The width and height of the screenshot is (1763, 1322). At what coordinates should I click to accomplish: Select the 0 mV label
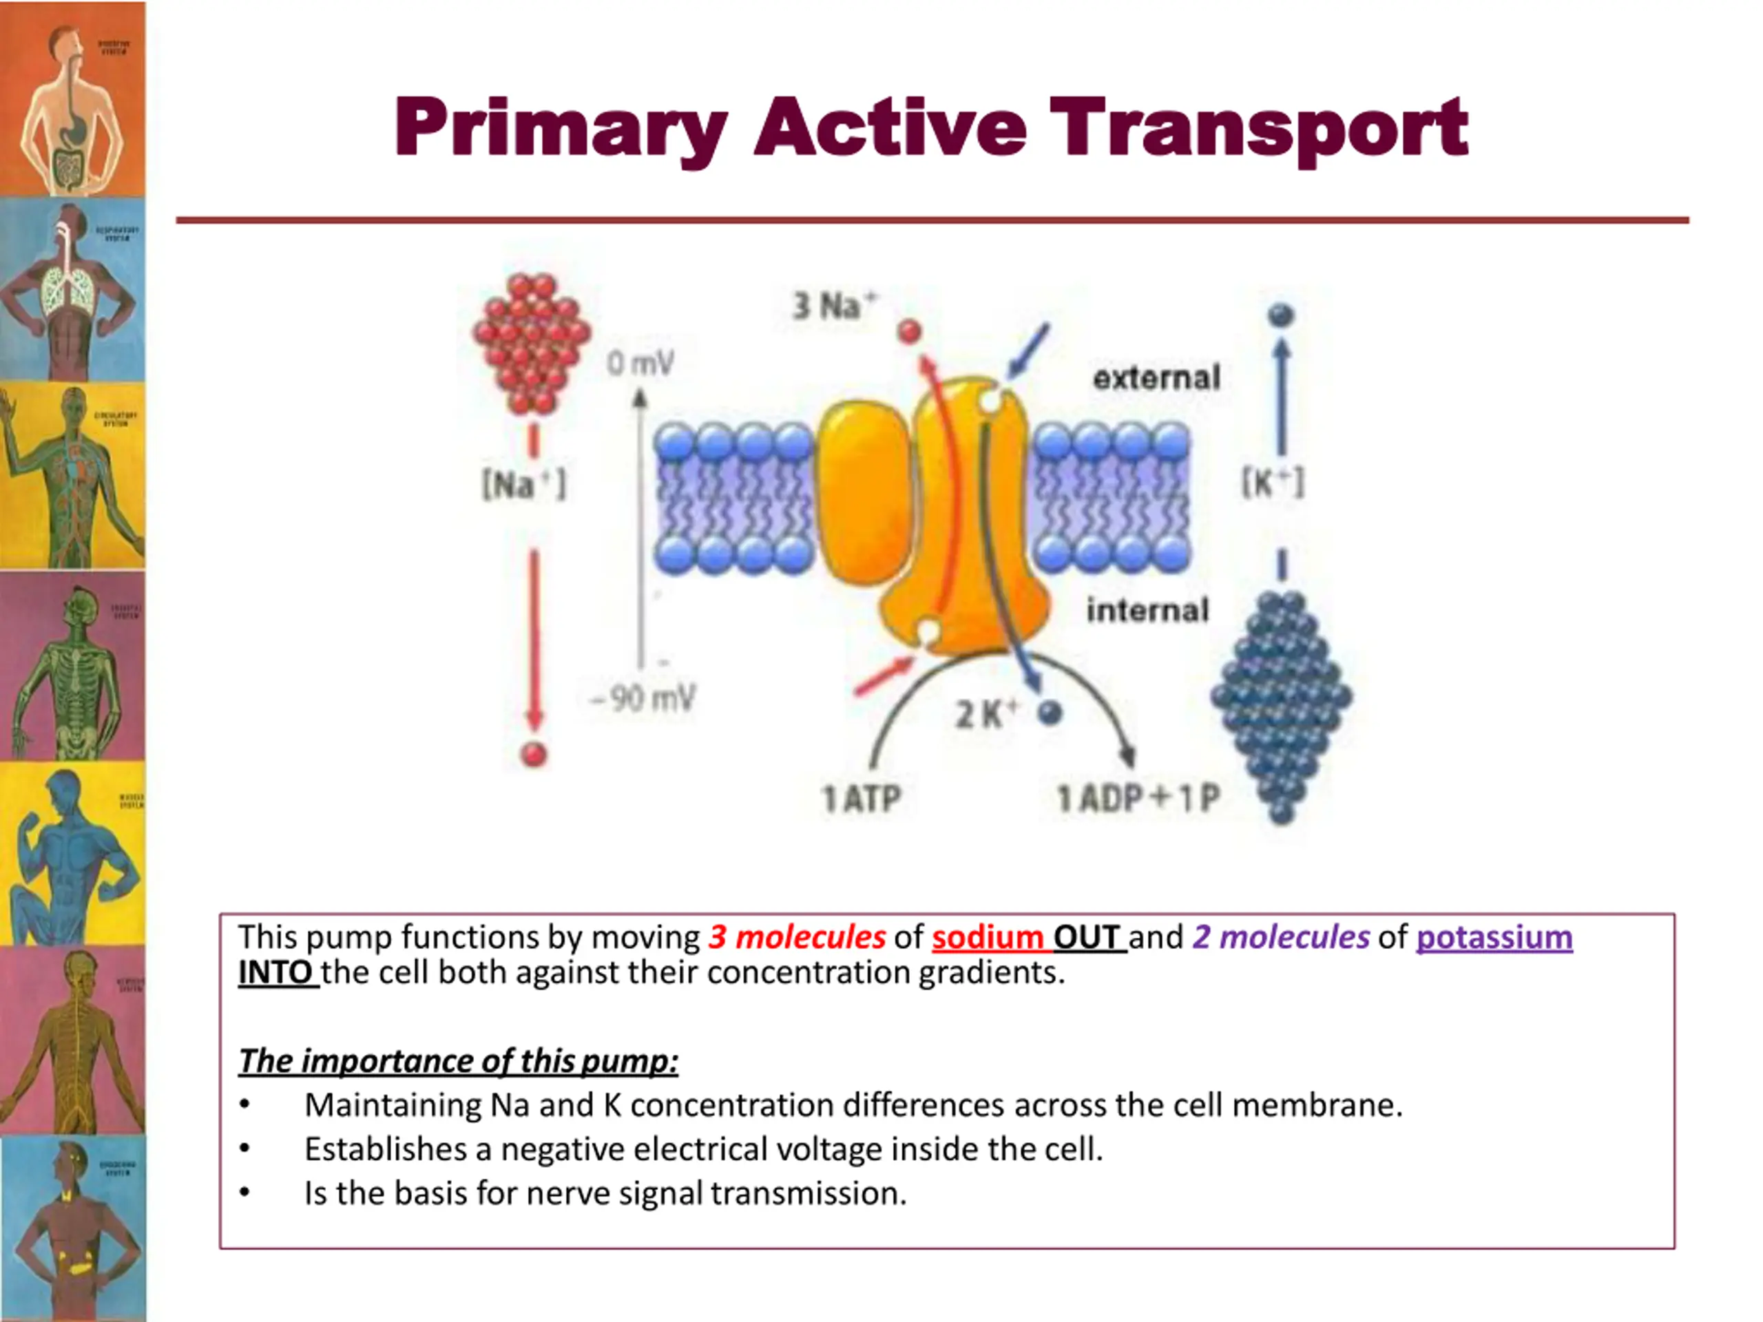coord(640,364)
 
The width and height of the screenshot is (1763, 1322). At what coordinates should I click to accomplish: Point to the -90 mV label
coord(643,699)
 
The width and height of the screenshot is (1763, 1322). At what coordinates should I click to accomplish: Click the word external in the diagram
coord(1156,377)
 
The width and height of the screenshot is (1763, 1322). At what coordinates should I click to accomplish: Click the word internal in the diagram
coord(1148,611)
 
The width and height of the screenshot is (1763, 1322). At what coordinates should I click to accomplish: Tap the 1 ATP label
coord(861,797)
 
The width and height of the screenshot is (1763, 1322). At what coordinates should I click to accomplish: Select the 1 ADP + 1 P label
coord(1138,797)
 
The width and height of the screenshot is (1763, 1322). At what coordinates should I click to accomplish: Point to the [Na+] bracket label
coord(523,483)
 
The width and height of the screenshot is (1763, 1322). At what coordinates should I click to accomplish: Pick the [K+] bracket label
coord(1273,483)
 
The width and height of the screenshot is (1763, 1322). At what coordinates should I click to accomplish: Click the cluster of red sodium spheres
coord(532,343)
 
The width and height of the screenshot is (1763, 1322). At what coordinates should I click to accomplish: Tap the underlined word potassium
coord(1494,937)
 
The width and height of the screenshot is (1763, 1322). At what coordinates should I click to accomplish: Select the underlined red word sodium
coord(988,937)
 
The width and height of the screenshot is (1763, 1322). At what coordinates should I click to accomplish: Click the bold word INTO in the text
coord(275,972)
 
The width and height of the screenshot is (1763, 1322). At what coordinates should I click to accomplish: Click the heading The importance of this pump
coord(458,1060)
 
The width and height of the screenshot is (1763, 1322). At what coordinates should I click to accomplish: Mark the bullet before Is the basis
coord(244,1193)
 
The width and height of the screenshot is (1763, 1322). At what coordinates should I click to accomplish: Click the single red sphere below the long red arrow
coord(533,754)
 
